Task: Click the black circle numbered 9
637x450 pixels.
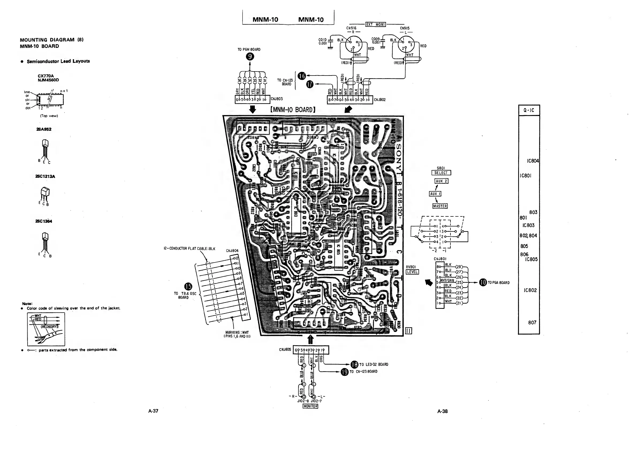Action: pyautogui.click(x=250, y=57)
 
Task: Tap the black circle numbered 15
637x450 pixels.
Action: pyautogui.click(x=188, y=286)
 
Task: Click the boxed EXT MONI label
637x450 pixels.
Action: pyautogui.click(x=376, y=24)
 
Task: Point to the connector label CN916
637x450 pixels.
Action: pyautogui.click(x=351, y=28)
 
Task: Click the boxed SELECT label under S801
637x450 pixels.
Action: pyautogui.click(x=441, y=173)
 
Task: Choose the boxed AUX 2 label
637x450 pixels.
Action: pyautogui.click(x=441, y=181)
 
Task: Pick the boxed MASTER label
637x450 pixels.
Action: pyautogui.click(x=440, y=206)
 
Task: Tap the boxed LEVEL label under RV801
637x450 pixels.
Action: pyautogui.click(x=412, y=272)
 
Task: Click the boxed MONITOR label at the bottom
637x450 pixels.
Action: pyautogui.click(x=310, y=406)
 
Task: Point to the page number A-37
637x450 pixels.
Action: pyautogui.click(x=153, y=411)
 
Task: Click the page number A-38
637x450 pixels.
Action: pyautogui.click(x=442, y=411)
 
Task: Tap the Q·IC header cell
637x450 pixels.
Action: pyautogui.click(x=529, y=110)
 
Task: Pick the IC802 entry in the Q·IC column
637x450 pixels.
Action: pyautogui.click(x=530, y=290)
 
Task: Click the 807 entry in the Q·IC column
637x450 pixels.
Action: pyautogui.click(x=532, y=322)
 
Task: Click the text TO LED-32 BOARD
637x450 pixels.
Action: pyautogui.click(x=373, y=364)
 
